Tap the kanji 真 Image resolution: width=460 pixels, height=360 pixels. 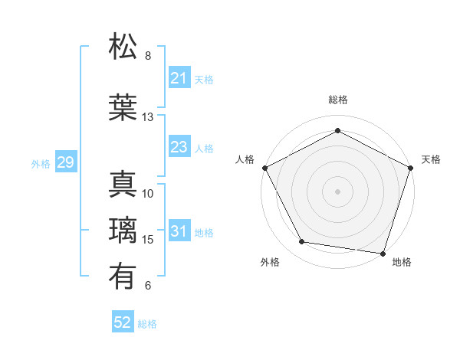click(123, 185)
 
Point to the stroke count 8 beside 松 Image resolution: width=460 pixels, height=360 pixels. click(148, 56)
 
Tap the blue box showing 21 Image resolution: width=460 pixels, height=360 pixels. click(179, 78)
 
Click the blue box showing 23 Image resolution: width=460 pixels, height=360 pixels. click(179, 147)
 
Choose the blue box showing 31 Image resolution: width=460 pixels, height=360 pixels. click(179, 231)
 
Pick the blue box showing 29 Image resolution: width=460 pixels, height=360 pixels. click(65, 162)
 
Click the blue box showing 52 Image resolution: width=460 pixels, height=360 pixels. click(123, 322)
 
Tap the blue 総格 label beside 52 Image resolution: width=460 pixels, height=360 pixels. click(147, 324)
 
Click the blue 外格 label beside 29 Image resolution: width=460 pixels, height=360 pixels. click(41, 164)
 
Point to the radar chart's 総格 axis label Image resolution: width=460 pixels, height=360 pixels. click(337, 100)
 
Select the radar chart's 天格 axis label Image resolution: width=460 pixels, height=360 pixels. click(431, 159)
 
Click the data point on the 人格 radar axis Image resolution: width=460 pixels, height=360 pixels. click(265, 168)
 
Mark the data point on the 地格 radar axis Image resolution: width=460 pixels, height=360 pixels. click(383, 253)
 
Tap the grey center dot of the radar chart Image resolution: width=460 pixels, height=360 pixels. click(337, 191)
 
